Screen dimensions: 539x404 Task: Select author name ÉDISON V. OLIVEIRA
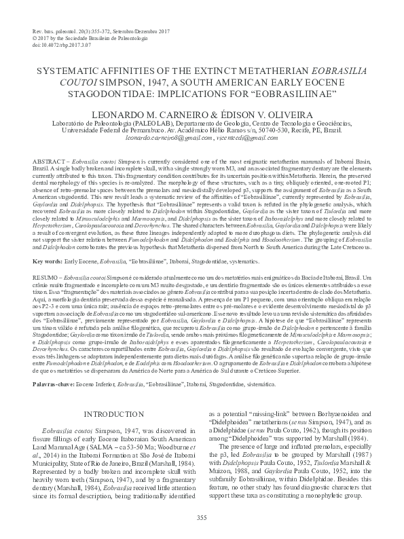pyautogui.click(x=255, y=109)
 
